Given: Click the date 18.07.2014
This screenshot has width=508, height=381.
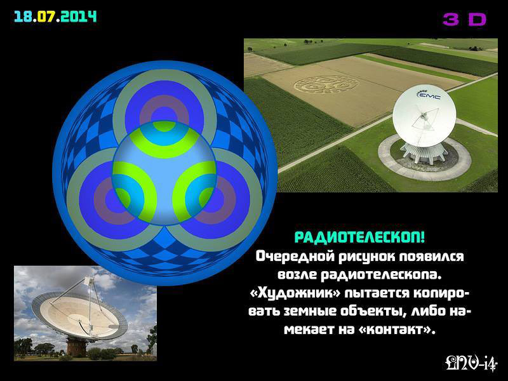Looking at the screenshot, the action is [55, 17].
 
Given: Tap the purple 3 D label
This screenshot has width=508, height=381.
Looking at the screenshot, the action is [465, 20].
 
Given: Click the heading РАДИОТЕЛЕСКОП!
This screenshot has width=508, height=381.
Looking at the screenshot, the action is [359, 237].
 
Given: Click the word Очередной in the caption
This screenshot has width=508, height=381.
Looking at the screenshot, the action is [295, 257].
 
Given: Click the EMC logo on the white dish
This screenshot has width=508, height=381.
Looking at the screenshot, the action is [428, 95].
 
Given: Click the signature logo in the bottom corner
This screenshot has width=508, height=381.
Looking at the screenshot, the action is [471, 363].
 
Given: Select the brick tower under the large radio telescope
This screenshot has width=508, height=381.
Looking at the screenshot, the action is [76, 347].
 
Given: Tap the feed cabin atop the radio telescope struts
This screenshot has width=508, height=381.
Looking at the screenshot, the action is [88, 280].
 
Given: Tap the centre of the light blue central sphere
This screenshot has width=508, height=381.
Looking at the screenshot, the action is [164, 173].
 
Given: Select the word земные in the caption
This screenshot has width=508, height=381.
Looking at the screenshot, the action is [309, 311].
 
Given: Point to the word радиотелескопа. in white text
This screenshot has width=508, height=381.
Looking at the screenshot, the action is [381, 275].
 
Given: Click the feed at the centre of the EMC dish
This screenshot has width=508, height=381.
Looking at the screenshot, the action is [424, 117].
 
